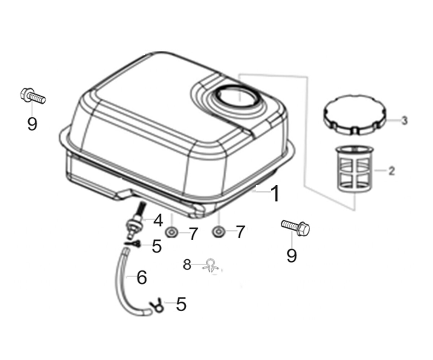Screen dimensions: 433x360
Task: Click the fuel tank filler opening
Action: tap(237, 96)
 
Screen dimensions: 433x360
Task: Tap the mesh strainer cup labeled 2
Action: tap(355, 168)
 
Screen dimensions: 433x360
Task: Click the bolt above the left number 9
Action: tap(33, 96)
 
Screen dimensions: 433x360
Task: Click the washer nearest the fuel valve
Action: tap(171, 232)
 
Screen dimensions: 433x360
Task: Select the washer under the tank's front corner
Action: tap(219, 232)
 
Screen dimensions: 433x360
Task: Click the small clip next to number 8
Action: tap(210, 266)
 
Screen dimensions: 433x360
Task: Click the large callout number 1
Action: tap(275, 193)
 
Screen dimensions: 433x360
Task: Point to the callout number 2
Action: tap(391, 171)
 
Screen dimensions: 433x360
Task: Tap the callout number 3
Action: tap(404, 120)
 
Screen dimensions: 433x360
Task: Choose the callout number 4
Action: tap(158, 220)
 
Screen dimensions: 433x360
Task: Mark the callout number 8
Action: tap(187, 265)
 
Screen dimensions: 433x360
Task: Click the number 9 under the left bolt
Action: tap(32, 124)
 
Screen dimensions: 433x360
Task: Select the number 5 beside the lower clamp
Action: tap(181, 304)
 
